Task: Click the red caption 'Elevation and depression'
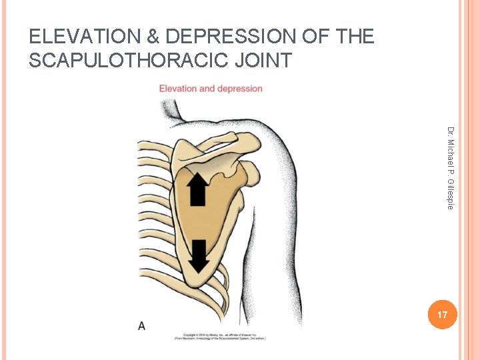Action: pyautogui.click(x=211, y=89)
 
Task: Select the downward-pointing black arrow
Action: pyautogui.click(x=199, y=256)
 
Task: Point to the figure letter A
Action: pyautogui.click(x=142, y=326)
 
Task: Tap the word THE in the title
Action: pyautogui.click(x=353, y=36)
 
